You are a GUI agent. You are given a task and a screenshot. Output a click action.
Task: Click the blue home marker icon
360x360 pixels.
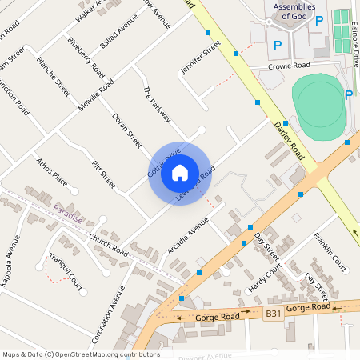180,172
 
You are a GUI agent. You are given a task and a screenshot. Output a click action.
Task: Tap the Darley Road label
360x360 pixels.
290,138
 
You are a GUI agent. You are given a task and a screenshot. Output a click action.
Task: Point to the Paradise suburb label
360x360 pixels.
68,210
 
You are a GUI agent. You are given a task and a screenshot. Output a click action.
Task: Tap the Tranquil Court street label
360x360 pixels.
65,270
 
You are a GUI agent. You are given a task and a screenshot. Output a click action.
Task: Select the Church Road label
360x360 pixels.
109,246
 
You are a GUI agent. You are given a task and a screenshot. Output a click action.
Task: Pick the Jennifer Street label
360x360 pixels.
200,58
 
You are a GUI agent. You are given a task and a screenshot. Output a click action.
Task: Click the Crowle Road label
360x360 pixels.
289,66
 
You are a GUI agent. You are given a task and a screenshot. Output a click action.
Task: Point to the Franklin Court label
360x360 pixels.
330,251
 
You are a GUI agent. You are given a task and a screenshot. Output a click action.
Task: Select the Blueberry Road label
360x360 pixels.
86,54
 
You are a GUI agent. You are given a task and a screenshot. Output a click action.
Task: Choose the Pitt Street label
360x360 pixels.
104,174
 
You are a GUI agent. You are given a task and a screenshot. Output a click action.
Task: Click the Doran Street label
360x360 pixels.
126,130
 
